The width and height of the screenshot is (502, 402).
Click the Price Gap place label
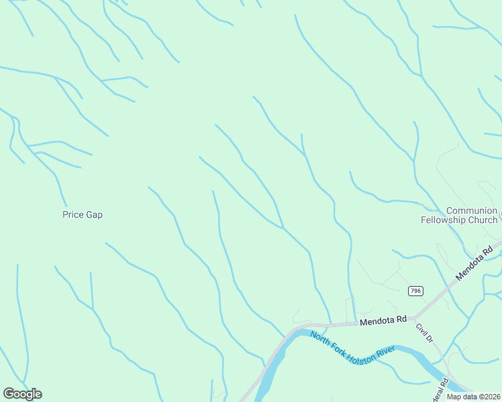[82, 215]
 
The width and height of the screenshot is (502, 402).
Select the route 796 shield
[415, 290]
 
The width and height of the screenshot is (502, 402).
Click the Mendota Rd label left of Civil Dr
[383, 321]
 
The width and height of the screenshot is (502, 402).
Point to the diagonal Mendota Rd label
[474, 263]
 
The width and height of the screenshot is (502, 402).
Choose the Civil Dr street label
[423, 333]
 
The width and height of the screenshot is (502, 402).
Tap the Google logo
[22, 394]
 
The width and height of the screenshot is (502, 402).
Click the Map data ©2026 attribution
[474, 397]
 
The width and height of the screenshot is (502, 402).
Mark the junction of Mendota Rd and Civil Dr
[415, 317]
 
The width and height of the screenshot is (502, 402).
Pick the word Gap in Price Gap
[94, 215]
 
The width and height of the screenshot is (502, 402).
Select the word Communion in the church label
[471, 210]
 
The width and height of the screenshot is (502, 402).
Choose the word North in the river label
[321, 336]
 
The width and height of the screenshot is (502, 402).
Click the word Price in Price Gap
[73, 215]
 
